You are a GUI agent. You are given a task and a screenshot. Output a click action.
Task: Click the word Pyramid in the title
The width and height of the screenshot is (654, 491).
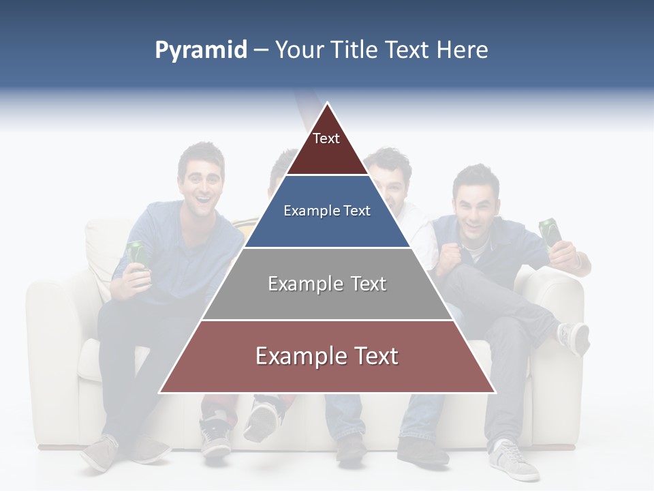pyautogui.click(x=200, y=50)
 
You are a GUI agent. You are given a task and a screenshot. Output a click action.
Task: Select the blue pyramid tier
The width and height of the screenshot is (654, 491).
pyautogui.click(x=327, y=211)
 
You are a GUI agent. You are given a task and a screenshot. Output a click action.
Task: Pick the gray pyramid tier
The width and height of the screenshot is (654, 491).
pyautogui.click(x=327, y=284)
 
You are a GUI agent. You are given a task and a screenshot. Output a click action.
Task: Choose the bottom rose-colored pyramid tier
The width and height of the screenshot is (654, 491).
pyautogui.click(x=327, y=357)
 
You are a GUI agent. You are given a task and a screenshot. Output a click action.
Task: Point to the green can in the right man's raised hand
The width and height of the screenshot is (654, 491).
pyautogui.click(x=550, y=232)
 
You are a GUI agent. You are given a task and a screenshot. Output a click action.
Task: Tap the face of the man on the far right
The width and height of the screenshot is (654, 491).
pyautogui.click(x=475, y=204)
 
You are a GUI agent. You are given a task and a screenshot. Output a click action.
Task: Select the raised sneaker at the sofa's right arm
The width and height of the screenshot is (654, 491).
pyautogui.click(x=573, y=337)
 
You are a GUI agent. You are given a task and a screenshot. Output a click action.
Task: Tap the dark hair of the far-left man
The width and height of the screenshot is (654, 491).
pyautogui.click(x=200, y=154)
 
